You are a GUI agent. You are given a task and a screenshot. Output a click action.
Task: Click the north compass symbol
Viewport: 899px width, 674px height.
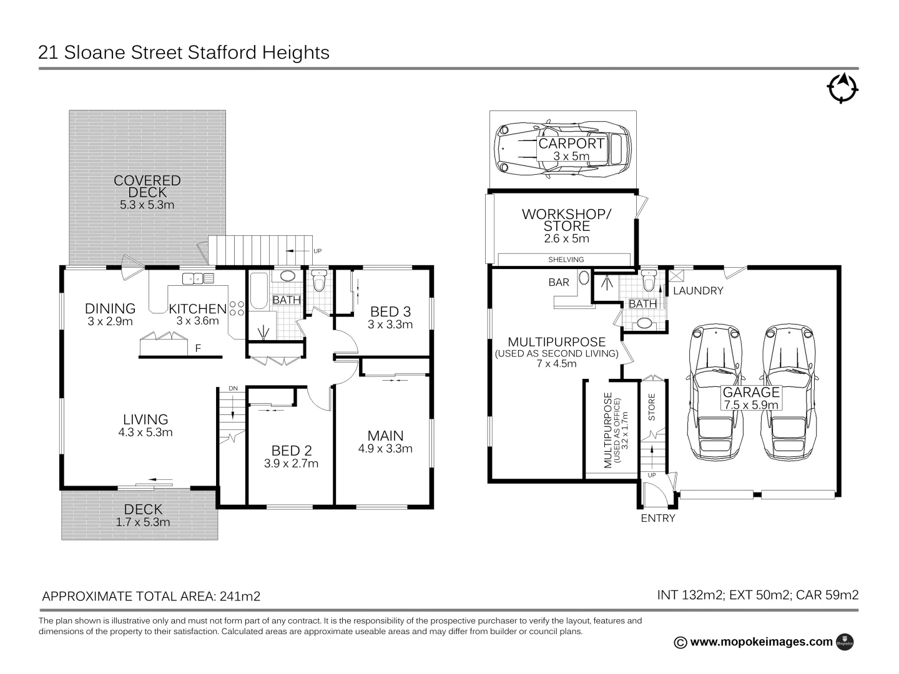pos(843,88)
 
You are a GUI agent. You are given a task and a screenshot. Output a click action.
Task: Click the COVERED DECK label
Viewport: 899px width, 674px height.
pos(147,186)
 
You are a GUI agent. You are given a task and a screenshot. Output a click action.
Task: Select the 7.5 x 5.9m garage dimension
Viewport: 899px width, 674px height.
pos(751,404)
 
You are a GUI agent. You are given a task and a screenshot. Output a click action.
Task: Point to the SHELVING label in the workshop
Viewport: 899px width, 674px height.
pos(566,260)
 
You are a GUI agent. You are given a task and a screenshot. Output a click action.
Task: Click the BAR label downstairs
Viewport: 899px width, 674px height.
pos(559,282)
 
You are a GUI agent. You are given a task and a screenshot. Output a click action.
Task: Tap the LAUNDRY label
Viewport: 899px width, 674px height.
pos(698,291)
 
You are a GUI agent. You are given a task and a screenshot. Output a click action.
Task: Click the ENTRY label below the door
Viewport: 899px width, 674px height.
pos(658,518)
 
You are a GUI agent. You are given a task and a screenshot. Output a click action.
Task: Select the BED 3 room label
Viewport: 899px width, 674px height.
pos(390,311)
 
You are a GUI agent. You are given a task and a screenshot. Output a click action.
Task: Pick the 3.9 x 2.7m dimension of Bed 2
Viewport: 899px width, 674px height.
pos(291,463)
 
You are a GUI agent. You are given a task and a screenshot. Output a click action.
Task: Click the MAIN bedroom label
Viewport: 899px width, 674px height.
pos(385,436)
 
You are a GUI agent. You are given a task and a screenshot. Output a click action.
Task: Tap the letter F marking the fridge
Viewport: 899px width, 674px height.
pos(198,348)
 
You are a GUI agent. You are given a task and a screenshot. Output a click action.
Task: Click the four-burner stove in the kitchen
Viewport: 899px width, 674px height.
pos(237,308)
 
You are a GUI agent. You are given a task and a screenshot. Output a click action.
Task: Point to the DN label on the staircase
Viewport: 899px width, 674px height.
pos(233,389)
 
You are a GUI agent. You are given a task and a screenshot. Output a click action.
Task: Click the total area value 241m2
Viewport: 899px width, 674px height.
pos(239,596)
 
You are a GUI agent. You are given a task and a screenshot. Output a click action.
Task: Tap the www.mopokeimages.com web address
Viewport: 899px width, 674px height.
pos(762,642)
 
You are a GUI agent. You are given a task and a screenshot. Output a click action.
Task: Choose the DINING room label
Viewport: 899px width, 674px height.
pos(110,308)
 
